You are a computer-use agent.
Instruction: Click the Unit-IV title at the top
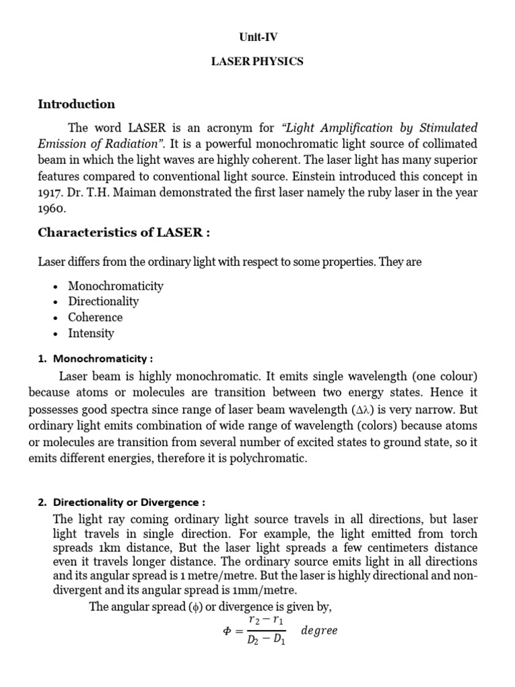pos(257,38)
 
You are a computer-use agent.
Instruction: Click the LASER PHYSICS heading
pos(257,61)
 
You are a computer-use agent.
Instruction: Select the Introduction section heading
pos(76,104)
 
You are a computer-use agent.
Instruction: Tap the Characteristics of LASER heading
pos(124,233)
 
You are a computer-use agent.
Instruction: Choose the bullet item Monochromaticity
pos(115,286)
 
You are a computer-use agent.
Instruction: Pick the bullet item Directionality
pos(103,302)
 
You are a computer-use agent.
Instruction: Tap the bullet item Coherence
pos(95,317)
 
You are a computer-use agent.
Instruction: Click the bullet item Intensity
pos(91,333)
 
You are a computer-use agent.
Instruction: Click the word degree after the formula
pos(319,631)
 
